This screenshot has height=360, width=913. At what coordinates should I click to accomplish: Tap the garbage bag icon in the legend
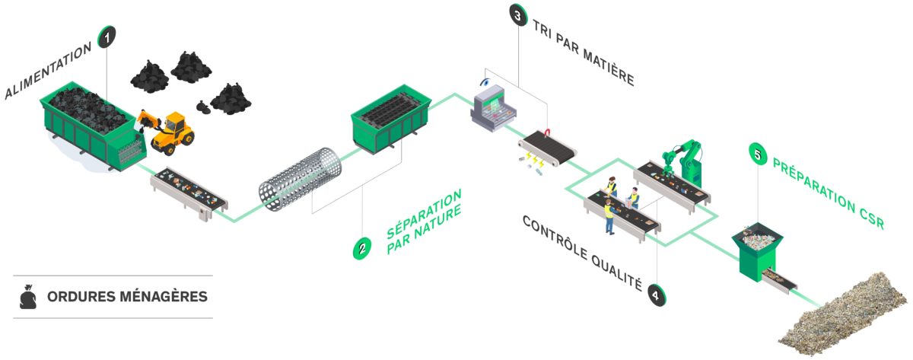click(x=28, y=297)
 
